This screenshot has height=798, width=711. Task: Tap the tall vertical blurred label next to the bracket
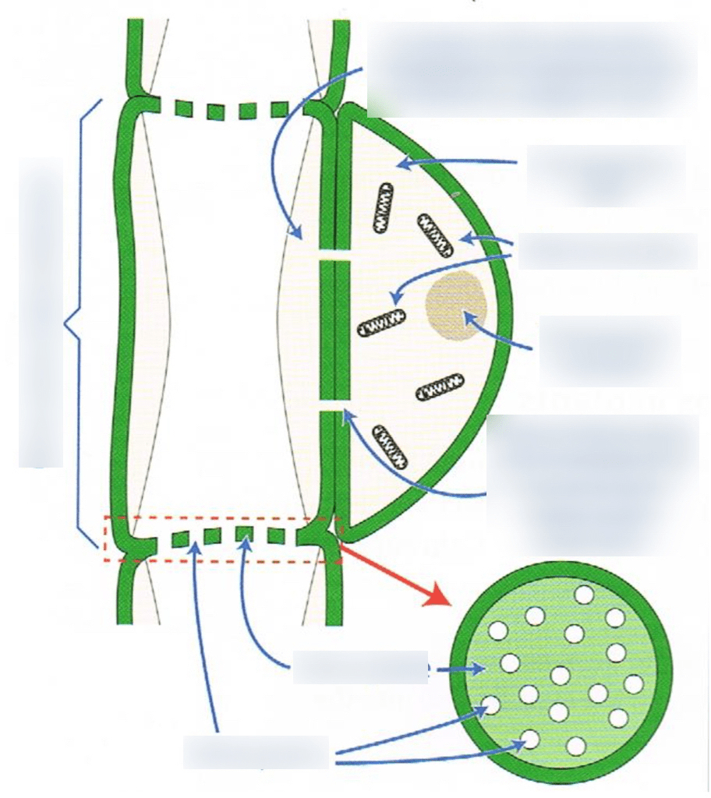point(41,312)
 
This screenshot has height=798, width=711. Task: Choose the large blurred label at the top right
point(532,69)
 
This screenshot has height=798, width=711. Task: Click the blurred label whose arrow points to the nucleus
point(610,351)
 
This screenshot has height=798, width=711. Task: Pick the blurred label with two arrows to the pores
point(256,751)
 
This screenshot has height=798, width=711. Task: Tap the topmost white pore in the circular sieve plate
point(583,595)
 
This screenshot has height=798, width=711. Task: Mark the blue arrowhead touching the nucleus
point(468,316)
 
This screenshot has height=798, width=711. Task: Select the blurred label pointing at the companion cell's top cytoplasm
point(606,175)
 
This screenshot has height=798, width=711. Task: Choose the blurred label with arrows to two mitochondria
point(607,250)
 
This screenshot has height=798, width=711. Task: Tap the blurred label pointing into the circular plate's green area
point(360,668)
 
